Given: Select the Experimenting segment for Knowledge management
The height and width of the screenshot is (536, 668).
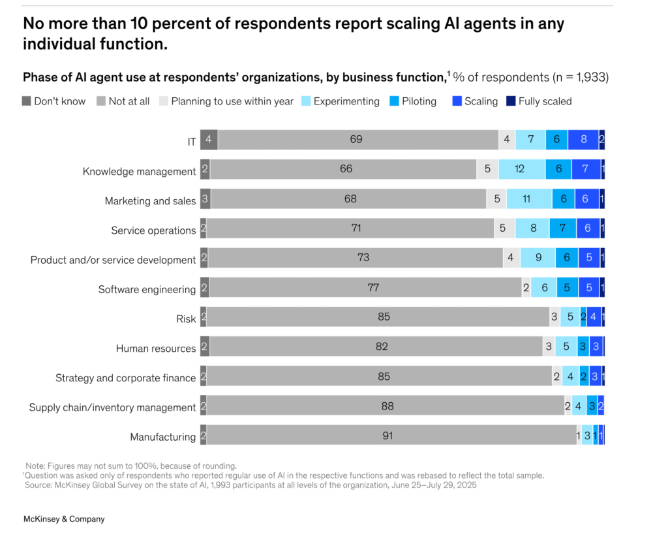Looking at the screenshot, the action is (522, 169).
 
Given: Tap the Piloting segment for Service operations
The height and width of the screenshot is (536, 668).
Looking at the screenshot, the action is (563, 228).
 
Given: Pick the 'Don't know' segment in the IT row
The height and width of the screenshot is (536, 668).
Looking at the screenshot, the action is (209, 140).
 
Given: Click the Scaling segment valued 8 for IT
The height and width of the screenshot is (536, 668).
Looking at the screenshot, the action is (583, 140).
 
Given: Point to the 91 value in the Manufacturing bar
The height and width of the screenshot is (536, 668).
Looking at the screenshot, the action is (387, 435).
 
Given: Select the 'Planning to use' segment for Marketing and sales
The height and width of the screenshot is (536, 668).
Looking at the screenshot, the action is (496, 198).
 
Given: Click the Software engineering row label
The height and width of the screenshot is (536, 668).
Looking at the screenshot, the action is (147, 289).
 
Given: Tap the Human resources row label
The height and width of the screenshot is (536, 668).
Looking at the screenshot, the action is (156, 349).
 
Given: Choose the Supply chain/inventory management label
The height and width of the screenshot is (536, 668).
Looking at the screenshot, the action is (112, 407).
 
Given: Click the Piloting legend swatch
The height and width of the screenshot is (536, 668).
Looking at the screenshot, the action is (394, 101).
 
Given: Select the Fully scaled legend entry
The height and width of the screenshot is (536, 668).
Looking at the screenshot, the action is (539, 101).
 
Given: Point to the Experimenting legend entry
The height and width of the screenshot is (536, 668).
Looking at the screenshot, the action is (341, 101).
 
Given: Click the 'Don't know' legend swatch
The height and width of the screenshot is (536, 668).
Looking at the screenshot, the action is (26, 101).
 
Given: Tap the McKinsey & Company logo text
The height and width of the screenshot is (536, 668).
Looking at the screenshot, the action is (64, 519).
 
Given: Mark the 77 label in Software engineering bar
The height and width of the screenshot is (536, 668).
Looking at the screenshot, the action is (373, 288).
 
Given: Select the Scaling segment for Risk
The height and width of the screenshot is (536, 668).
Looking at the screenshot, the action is (594, 317).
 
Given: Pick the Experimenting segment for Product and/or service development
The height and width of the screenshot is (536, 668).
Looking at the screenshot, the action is (538, 257).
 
